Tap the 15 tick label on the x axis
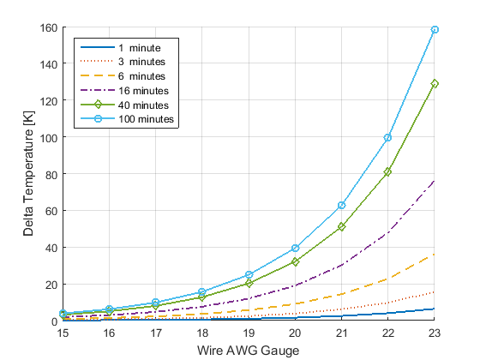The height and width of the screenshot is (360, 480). (63, 332)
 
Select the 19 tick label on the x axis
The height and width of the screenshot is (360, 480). (249, 332)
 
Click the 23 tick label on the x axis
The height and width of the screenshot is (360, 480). (435, 332)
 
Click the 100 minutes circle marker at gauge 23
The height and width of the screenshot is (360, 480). (435, 30)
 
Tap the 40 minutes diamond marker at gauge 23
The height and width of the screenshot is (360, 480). (435, 84)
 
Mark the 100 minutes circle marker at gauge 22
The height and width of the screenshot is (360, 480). (388, 137)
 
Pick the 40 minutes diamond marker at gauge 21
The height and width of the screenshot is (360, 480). (341, 227)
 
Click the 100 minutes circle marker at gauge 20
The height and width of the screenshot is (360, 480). (295, 248)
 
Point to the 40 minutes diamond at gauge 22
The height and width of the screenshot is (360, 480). (388, 172)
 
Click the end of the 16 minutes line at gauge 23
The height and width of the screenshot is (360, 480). (435, 181)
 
